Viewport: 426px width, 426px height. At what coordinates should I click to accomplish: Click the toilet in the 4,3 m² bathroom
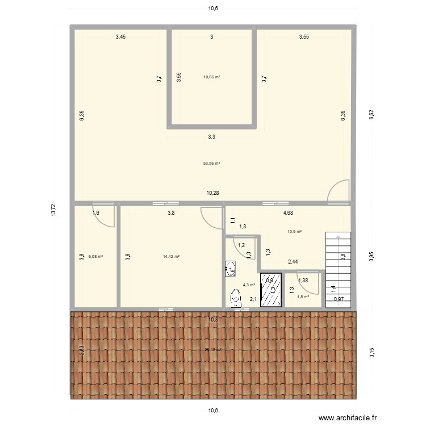236,298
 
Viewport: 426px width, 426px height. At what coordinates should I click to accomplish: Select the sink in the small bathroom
231,268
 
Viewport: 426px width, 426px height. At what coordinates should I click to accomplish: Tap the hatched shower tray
271,290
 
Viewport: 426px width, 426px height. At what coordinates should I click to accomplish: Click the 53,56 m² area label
211,164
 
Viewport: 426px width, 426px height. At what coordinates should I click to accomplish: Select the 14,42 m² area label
171,257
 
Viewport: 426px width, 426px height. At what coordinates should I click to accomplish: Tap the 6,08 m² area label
95,257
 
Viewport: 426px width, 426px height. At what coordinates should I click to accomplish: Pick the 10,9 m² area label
294,231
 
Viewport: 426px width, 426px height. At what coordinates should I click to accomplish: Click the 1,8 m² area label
303,296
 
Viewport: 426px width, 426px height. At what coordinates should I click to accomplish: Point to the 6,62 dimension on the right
371,115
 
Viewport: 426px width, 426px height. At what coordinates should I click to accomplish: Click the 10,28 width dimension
212,193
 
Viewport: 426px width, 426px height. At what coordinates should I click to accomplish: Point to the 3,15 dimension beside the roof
371,353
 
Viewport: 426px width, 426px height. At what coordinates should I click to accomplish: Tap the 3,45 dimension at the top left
120,37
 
